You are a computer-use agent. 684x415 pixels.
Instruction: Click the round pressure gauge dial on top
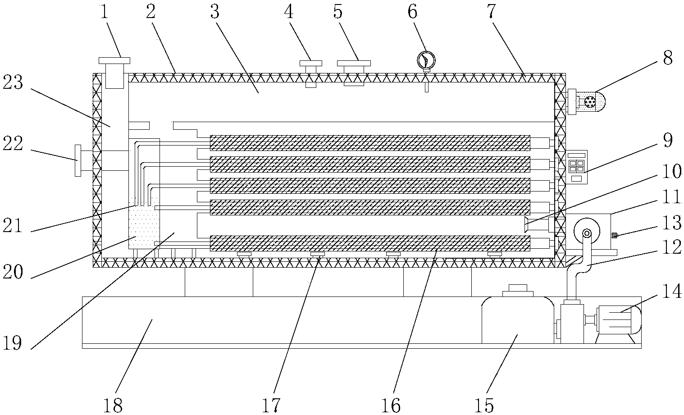tap(426, 59)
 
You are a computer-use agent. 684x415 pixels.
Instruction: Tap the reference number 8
tap(667, 59)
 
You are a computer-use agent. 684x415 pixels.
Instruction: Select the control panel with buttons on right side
tap(577, 166)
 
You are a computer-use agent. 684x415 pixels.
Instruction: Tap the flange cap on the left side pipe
tap(78, 160)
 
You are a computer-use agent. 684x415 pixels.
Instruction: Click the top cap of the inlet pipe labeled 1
tap(114, 60)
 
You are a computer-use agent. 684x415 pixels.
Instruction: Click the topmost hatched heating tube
tap(370, 142)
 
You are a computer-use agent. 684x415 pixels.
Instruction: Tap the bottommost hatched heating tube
tap(370, 243)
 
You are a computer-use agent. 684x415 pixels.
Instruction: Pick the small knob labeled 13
tap(614, 235)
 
